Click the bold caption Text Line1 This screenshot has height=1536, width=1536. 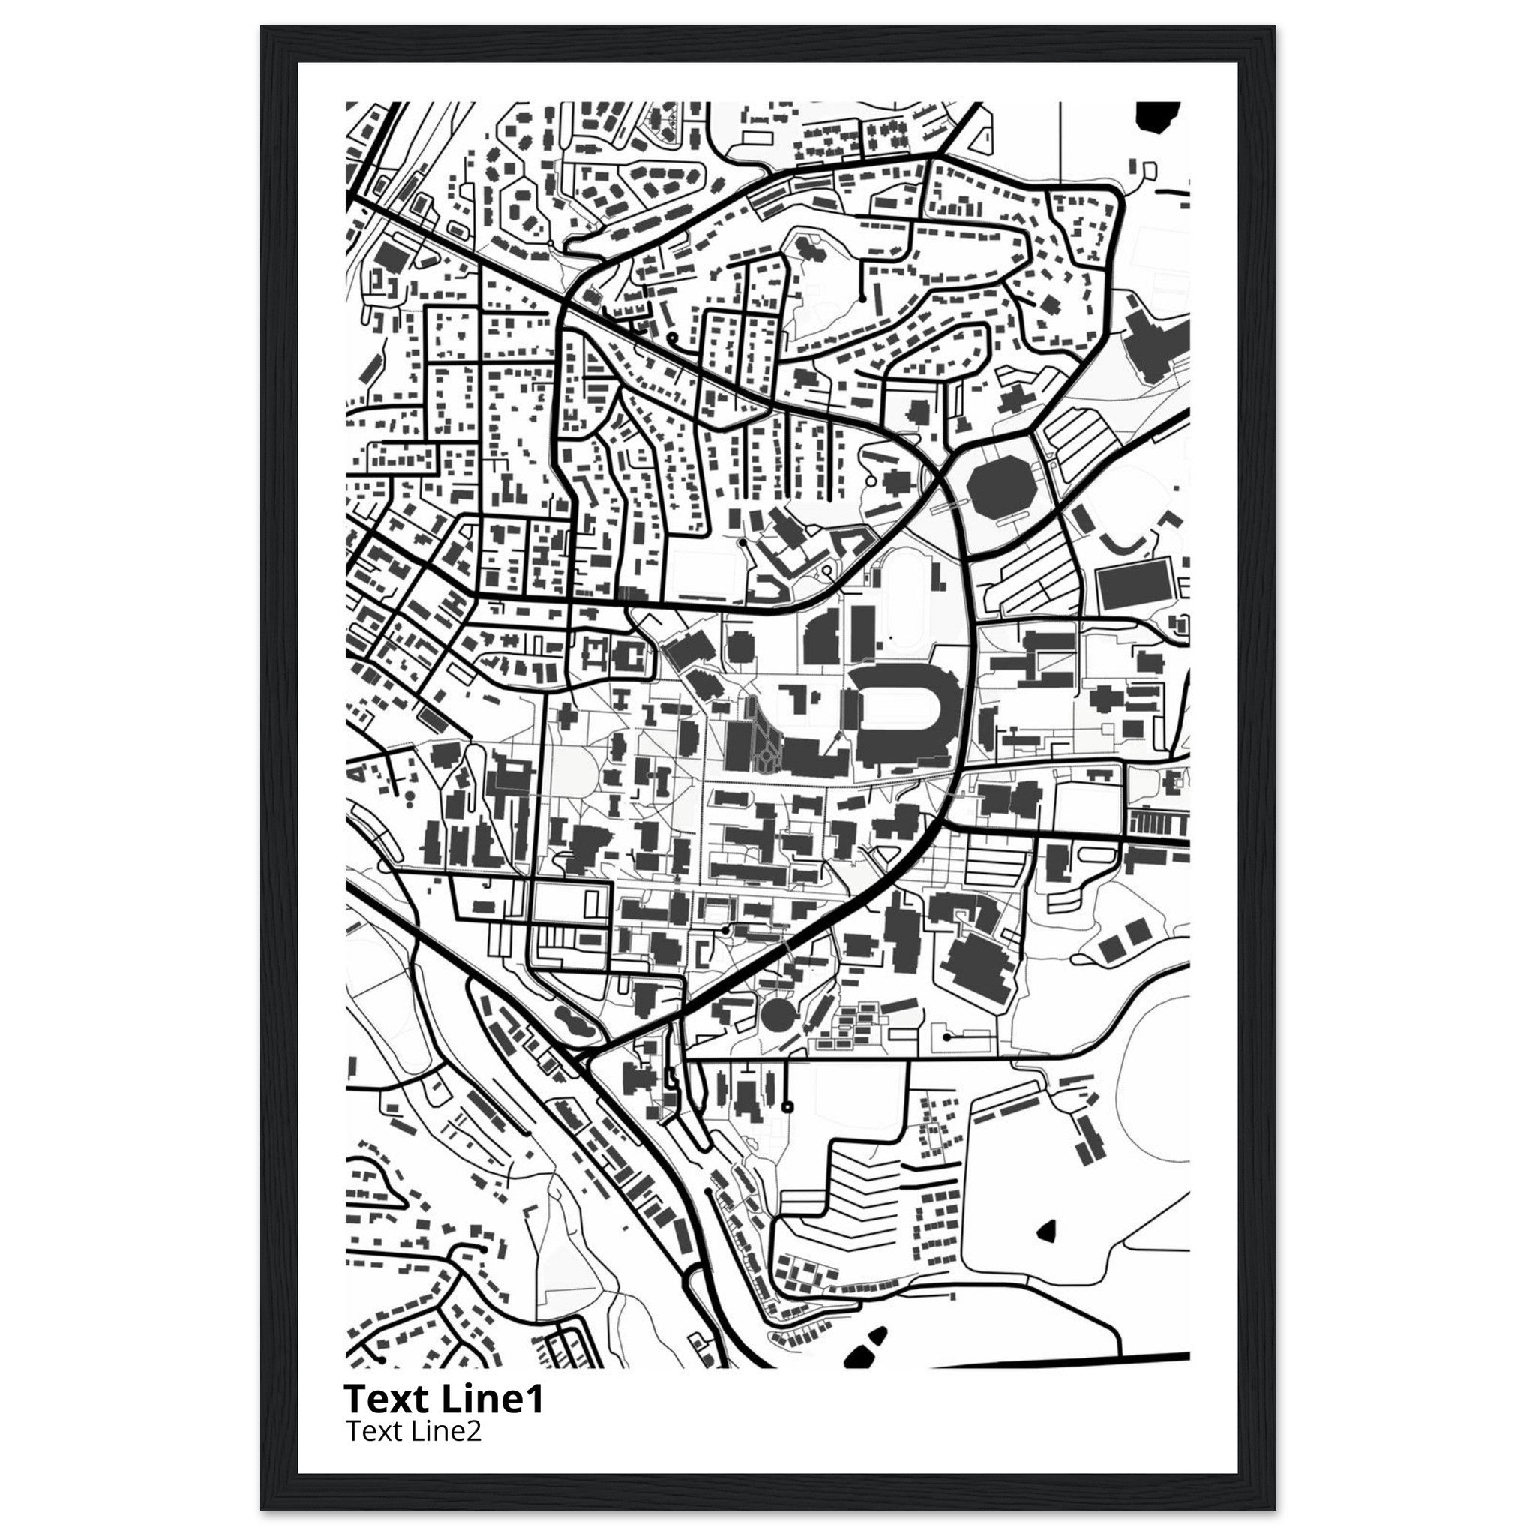click(444, 1399)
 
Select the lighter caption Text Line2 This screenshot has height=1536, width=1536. click(412, 1431)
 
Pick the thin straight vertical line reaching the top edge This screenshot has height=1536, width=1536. click(1060, 135)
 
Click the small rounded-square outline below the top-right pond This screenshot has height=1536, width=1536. click(1149, 169)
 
